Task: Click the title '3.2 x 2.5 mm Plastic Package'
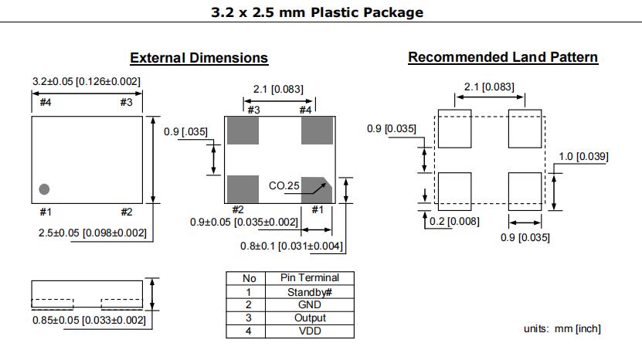317,12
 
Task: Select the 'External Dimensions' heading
199,58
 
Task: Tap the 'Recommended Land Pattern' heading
502,57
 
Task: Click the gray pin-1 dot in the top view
44,188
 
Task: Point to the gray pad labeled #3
242,130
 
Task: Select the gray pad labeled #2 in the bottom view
242,188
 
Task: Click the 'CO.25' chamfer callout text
283,185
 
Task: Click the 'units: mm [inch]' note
562,329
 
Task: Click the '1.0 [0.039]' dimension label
583,157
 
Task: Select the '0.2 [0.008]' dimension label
454,222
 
